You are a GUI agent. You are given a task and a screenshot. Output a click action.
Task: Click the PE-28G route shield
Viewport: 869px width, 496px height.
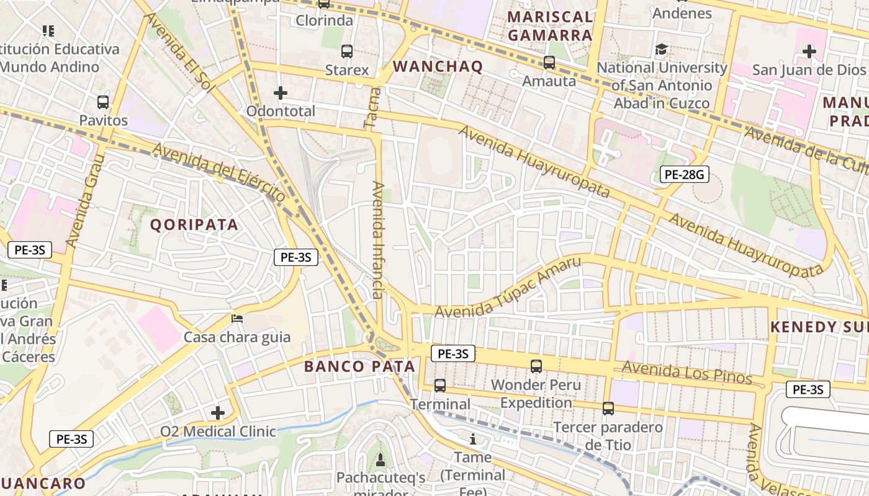click(684, 175)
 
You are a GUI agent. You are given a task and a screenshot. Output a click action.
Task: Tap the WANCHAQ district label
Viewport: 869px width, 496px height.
click(438, 67)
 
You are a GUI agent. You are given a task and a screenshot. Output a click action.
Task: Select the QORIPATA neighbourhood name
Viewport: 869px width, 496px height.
click(194, 225)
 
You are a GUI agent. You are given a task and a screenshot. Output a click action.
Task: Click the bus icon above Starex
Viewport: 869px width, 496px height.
click(346, 51)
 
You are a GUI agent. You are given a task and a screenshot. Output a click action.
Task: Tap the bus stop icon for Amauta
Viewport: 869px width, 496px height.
click(549, 63)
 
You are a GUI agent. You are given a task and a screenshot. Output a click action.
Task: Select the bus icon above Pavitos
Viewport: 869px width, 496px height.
click(103, 102)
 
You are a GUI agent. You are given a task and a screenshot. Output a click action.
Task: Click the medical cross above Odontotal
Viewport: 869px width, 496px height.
click(281, 94)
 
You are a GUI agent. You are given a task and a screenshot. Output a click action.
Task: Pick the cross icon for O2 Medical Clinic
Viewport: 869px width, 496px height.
click(218, 413)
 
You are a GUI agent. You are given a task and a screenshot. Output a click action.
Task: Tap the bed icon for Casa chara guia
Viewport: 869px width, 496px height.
click(237, 319)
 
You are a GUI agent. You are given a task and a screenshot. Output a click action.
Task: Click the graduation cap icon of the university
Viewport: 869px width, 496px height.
click(662, 49)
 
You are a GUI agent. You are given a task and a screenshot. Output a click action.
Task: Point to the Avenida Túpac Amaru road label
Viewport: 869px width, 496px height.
click(508, 287)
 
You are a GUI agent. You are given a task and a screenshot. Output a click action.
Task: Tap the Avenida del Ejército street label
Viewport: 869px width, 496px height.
click(218, 172)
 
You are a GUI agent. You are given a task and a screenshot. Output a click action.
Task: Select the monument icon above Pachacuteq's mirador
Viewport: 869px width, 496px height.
click(380, 459)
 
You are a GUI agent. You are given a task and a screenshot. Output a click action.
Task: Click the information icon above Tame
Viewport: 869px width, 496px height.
click(473, 440)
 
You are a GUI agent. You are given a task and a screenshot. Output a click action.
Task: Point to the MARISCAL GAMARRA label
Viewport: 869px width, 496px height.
click(550, 26)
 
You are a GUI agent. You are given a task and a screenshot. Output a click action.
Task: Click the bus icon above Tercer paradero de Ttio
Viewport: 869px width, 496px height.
click(608, 409)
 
